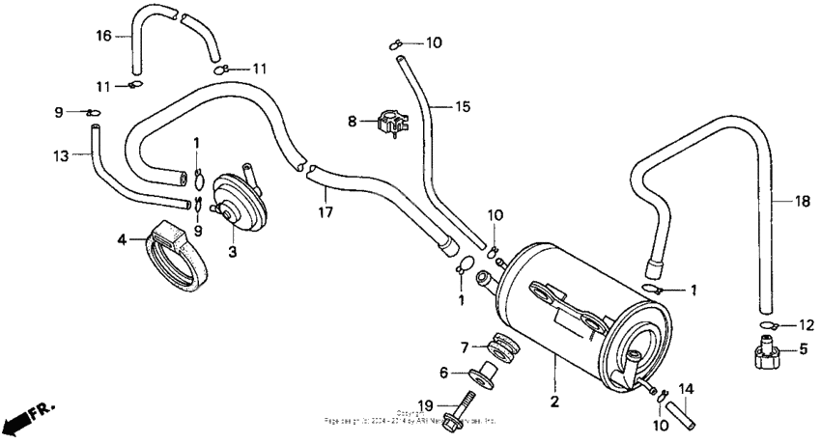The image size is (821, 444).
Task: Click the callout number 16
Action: point(103,36)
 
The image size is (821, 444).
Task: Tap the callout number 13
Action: point(61,154)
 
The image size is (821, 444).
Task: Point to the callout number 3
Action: point(232,253)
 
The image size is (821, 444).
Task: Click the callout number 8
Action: point(353,122)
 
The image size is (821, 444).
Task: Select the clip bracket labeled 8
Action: point(392,124)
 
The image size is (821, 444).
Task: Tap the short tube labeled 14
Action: point(681,412)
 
